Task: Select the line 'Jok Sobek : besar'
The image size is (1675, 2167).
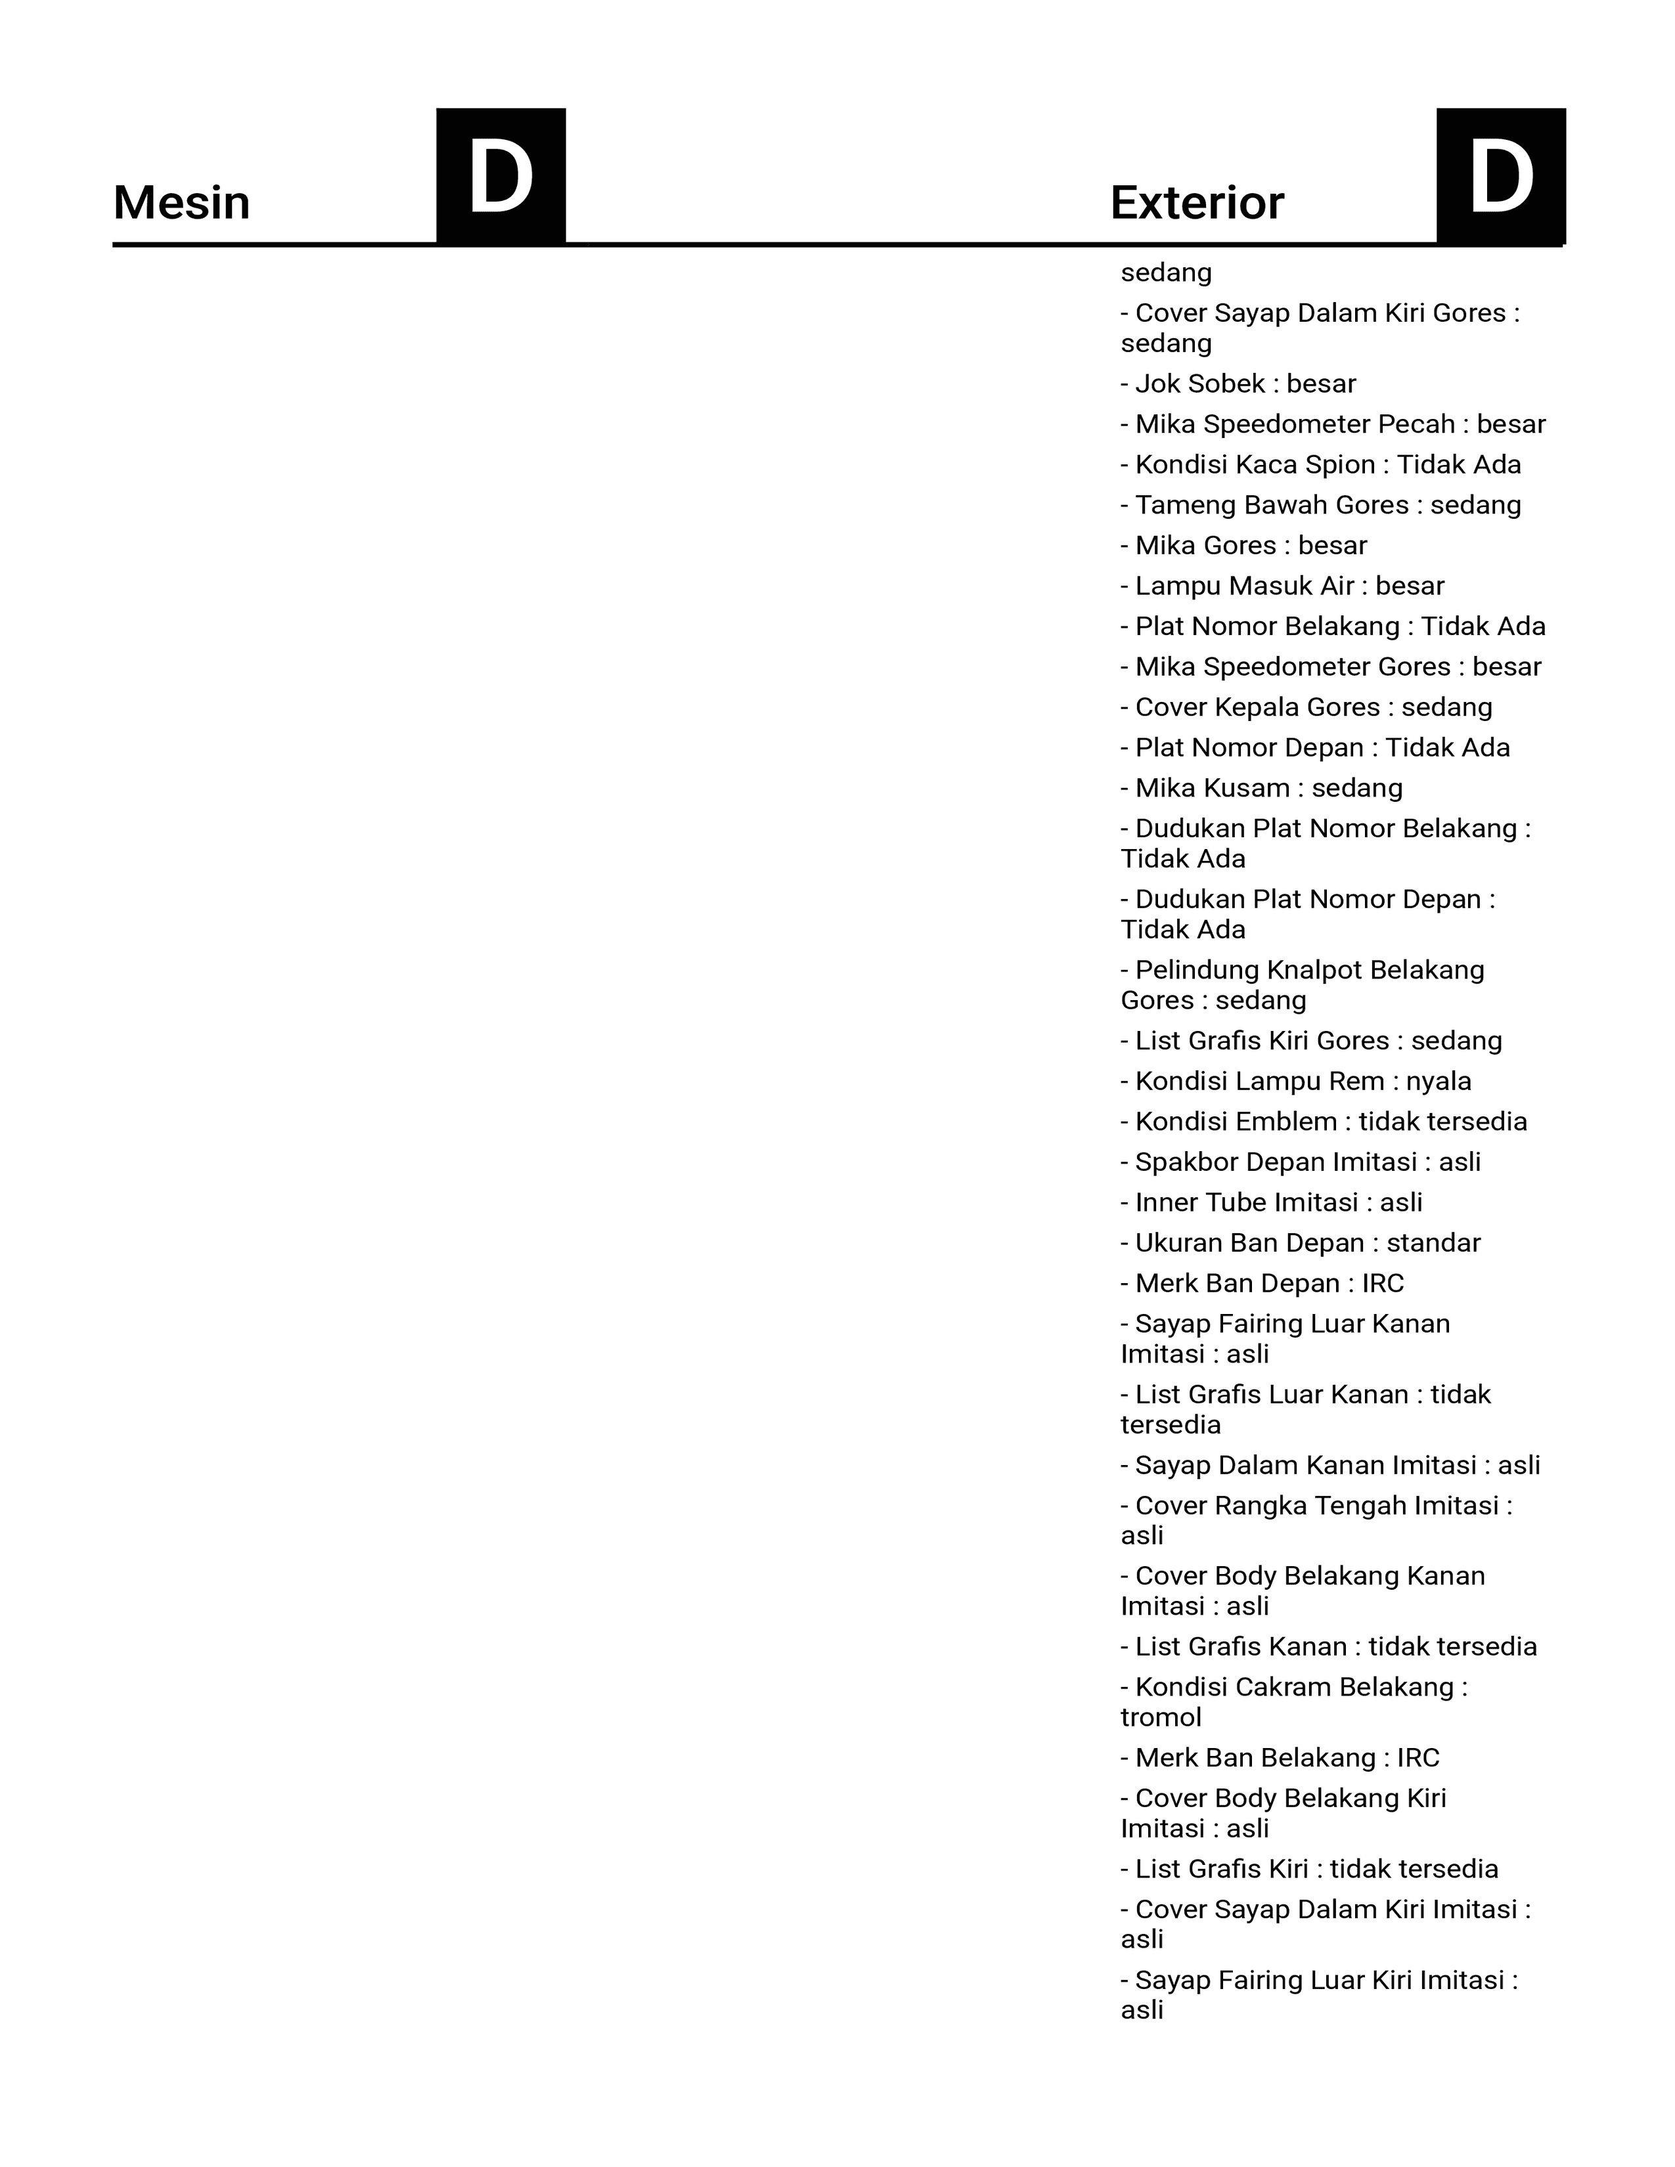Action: click(1238, 384)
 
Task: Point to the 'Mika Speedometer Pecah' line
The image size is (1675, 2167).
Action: click(1333, 425)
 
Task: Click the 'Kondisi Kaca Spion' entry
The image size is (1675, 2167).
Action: click(1321, 466)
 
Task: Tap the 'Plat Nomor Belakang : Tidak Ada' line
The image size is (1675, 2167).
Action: click(1333, 627)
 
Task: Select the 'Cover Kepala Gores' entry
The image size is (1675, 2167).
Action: click(1306, 707)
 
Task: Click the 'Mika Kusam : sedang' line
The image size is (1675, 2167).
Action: click(1261, 789)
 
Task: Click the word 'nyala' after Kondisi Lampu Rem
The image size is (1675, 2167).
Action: click(1438, 1082)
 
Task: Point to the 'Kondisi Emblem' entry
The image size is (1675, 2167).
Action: click(1324, 1122)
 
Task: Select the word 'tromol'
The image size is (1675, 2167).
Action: click(1161, 1718)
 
